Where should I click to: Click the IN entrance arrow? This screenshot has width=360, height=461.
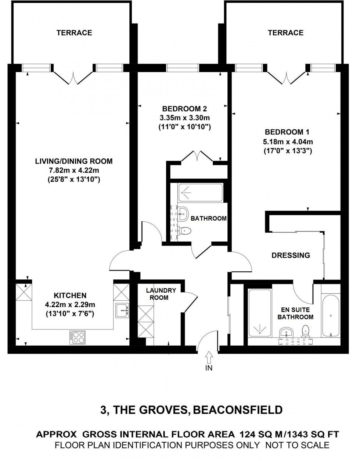(x=209, y=357)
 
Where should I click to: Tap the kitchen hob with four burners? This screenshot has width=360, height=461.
(x=78, y=337)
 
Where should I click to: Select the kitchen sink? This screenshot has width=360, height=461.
(x=122, y=310)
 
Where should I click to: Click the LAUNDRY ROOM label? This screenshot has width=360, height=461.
(x=161, y=294)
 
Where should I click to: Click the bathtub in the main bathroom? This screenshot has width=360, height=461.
(x=200, y=192)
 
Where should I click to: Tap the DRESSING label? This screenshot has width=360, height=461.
(x=291, y=255)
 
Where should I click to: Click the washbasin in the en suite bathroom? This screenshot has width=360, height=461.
(x=286, y=333)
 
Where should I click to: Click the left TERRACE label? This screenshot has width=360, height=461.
(x=74, y=33)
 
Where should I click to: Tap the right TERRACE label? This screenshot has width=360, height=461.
(x=285, y=33)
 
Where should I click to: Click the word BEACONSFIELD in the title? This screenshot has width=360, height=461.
(x=238, y=410)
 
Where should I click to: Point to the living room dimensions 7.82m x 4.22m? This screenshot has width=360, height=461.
(x=73, y=170)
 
